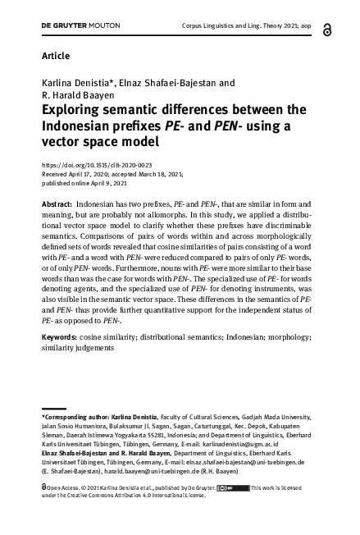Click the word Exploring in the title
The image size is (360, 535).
[x=75, y=109]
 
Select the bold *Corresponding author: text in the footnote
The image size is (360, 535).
[x=81, y=419]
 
